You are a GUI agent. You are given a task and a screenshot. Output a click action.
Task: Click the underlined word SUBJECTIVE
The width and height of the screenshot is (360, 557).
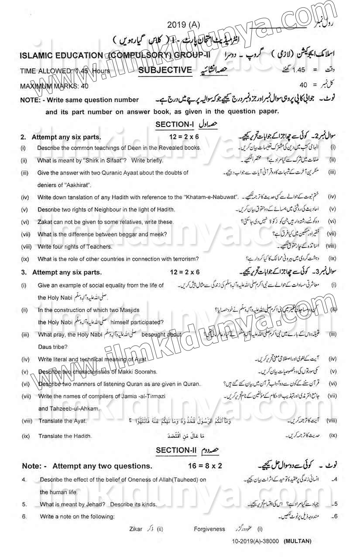click(165, 69)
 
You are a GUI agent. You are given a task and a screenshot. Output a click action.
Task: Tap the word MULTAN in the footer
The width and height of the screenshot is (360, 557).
click(298, 541)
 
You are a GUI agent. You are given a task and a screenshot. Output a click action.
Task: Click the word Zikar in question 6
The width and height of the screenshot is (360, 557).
click(136, 529)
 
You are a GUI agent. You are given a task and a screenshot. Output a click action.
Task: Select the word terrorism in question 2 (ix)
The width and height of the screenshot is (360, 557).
click(184, 259)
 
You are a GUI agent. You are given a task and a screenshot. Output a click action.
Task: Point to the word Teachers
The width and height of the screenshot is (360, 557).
click(99, 247)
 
